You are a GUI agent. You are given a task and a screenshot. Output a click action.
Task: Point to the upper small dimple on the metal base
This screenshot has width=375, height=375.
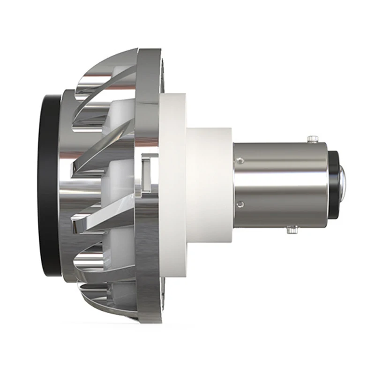[x=241, y=161]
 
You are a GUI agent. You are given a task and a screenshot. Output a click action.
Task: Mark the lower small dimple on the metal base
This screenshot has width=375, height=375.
[x=241, y=203]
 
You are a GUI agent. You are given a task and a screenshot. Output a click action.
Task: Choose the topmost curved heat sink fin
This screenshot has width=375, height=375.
[x=117, y=66]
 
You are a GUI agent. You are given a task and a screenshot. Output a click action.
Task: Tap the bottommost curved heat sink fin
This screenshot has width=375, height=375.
[x=117, y=300]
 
